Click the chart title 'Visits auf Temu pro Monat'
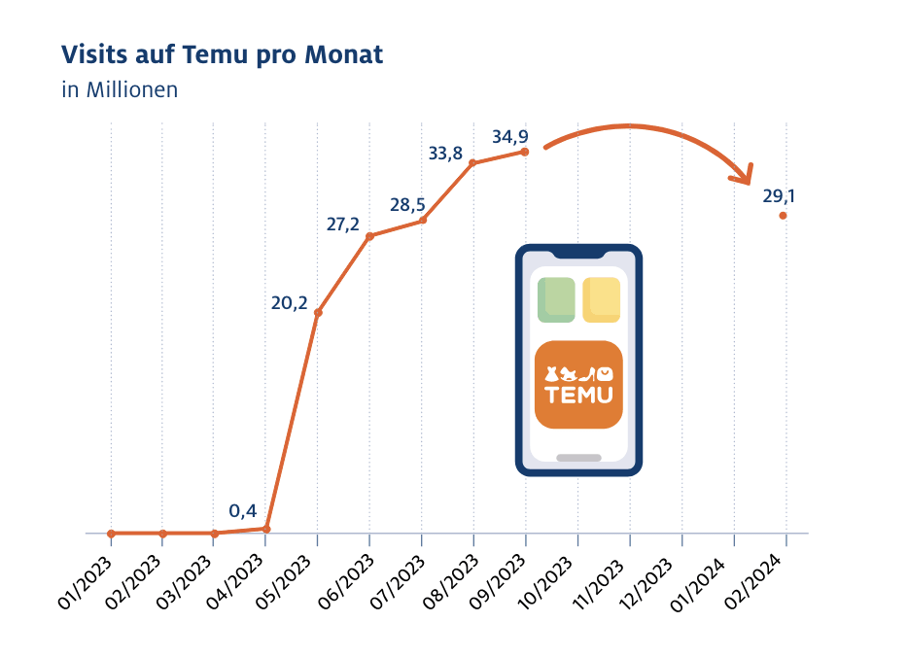click(x=222, y=55)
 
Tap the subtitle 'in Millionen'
click(x=120, y=90)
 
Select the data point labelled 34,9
click(x=525, y=152)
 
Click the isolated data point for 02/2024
click(x=783, y=216)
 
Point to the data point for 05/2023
click(x=318, y=312)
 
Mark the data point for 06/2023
click(x=369, y=236)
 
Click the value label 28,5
click(x=408, y=205)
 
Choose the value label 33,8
click(x=445, y=153)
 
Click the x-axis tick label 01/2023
click(x=87, y=582)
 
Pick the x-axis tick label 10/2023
click(x=552, y=582)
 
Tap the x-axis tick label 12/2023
click(x=656, y=582)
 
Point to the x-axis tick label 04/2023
click(x=242, y=582)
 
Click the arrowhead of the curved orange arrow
click(x=744, y=176)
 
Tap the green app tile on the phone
click(x=557, y=299)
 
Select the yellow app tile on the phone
click(x=601, y=299)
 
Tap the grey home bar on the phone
click(x=578, y=457)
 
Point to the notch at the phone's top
click(x=578, y=255)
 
